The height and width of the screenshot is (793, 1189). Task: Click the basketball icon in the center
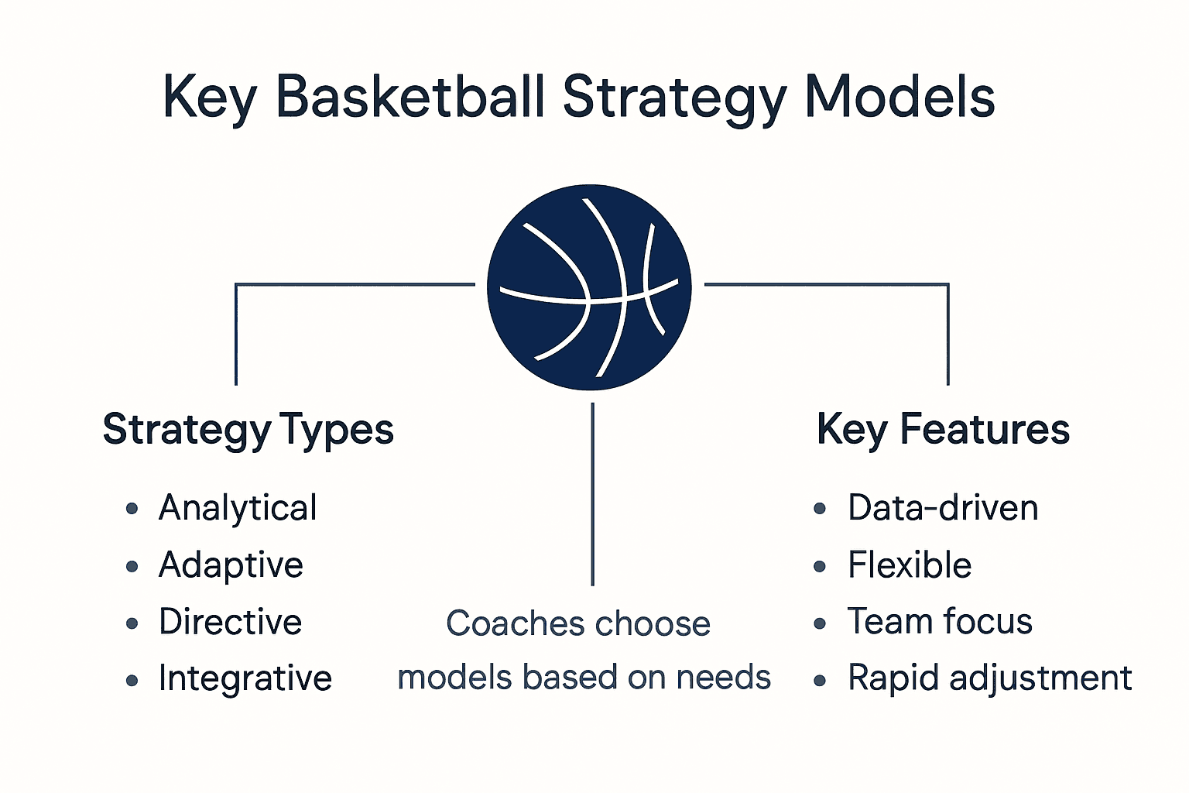(x=589, y=287)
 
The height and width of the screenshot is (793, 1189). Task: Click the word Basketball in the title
(x=410, y=98)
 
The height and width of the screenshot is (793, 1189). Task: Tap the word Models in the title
(x=899, y=98)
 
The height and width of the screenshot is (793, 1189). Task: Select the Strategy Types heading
(x=248, y=430)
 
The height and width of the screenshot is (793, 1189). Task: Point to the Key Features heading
(x=943, y=430)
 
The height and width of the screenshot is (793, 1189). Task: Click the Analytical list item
(x=238, y=509)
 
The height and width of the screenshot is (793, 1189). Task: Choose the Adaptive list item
(x=231, y=565)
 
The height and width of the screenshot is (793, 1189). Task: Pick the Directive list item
(x=230, y=622)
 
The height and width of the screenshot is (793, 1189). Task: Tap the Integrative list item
(x=245, y=679)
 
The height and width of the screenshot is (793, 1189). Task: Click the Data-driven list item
(x=943, y=509)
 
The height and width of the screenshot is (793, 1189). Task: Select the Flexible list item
(x=910, y=565)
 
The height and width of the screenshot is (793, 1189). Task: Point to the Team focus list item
(x=940, y=622)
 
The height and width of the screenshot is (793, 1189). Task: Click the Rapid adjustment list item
(x=989, y=679)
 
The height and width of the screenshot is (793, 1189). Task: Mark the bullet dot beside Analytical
(x=132, y=509)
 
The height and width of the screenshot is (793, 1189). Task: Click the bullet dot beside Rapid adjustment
(x=821, y=681)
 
